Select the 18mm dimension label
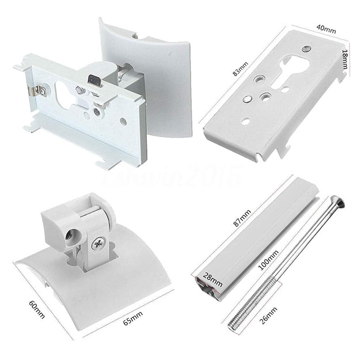point(346,58)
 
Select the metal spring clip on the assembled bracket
point(39,90)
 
